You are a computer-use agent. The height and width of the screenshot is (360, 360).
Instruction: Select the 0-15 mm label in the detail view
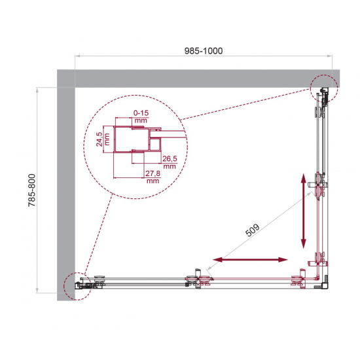point(140,117)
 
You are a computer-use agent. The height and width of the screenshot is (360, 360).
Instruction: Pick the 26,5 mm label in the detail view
point(170,161)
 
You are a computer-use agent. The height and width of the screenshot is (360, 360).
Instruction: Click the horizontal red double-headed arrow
point(250,261)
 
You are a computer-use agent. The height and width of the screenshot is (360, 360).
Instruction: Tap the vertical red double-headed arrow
point(304,211)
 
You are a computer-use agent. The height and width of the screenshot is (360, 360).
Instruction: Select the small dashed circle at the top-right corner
point(321,89)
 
